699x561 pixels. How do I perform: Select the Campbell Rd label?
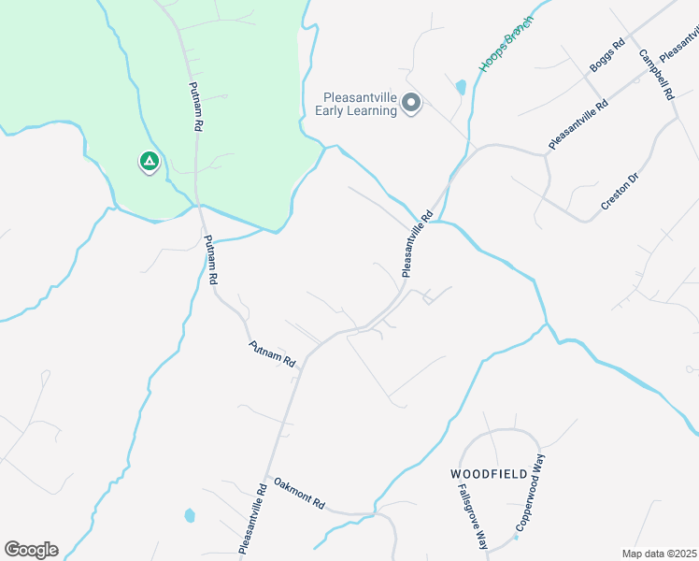point(657,74)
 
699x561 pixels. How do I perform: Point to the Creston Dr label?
point(619,191)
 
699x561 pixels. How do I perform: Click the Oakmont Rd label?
point(299,493)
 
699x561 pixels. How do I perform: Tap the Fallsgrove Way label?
point(473,516)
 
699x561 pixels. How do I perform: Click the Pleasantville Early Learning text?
point(360,103)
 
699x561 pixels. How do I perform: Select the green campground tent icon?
point(148,162)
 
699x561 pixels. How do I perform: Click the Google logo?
point(31,549)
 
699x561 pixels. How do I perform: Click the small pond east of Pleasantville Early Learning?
point(460,88)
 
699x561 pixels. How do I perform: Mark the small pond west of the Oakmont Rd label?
point(190,515)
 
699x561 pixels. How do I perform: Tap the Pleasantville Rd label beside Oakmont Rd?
point(254,518)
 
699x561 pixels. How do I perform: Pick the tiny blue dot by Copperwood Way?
point(515,538)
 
